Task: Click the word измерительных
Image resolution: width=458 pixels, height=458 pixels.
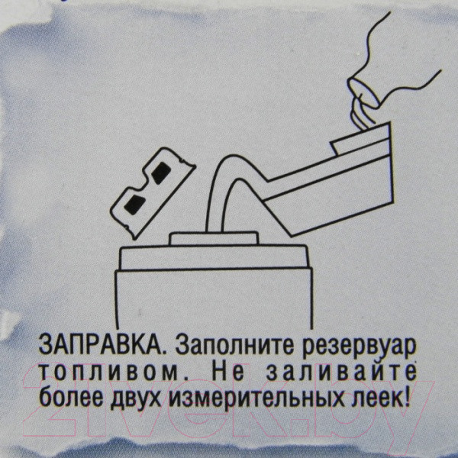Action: click(260, 398)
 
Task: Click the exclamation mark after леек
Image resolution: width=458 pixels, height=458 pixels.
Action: click(405, 398)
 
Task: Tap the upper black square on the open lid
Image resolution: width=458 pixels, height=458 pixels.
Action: click(162, 173)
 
